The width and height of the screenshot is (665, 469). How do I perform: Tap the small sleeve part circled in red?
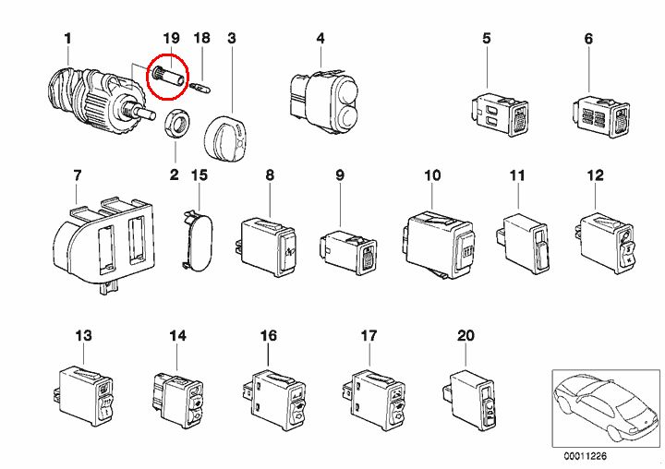(x=167, y=74)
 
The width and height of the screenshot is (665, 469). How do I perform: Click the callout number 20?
(x=465, y=336)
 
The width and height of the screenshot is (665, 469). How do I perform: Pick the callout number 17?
(x=369, y=336)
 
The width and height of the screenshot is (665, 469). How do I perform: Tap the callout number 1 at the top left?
(x=67, y=38)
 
